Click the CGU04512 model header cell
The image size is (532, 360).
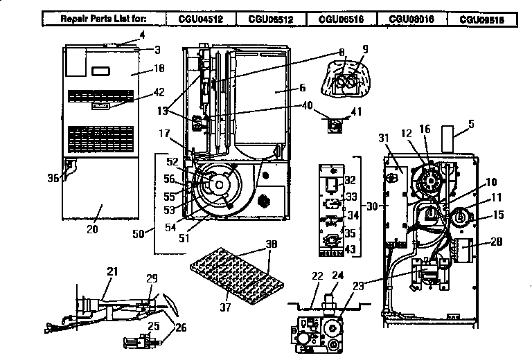click(201, 19)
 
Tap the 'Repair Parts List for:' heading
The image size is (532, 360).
click(104, 19)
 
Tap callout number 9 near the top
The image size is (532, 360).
click(365, 49)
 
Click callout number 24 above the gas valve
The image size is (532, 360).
click(338, 274)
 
